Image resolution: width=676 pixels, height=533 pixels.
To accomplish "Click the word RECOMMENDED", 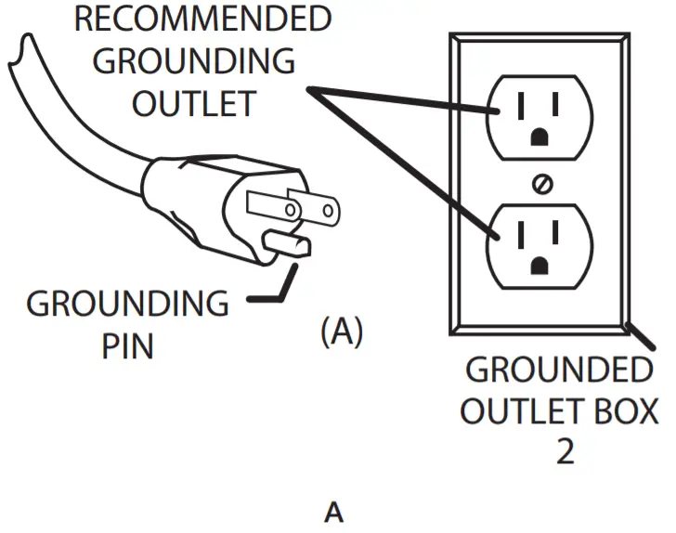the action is click(203, 19).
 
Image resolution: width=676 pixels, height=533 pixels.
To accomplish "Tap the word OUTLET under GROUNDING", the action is click(194, 104).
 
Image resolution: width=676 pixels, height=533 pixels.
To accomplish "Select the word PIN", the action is click(127, 346).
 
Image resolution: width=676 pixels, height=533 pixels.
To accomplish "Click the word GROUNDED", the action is click(559, 370).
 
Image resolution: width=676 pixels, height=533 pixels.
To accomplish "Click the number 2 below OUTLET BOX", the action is click(565, 451).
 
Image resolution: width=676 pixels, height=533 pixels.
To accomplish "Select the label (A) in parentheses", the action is click(342, 331).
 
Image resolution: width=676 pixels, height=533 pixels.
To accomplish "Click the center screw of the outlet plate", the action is click(542, 184).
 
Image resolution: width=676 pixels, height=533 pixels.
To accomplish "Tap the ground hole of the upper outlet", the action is click(539, 137).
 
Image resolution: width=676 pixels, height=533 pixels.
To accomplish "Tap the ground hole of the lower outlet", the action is click(539, 266).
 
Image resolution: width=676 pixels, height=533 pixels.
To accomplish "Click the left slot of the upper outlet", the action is click(521, 106).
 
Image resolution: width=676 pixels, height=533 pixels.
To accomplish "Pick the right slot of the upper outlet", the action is click(555, 104).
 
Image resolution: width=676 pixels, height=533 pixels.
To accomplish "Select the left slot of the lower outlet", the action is click(521, 235).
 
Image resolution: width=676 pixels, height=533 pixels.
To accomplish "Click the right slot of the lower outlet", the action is click(555, 233).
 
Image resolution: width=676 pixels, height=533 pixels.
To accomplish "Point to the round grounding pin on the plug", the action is click(287, 244).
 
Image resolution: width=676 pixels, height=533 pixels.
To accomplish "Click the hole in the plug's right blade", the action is click(328, 211).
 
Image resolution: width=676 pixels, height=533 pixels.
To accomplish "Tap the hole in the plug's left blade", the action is click(291, 211).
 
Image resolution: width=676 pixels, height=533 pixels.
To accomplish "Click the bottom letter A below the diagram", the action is click(334, 512).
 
